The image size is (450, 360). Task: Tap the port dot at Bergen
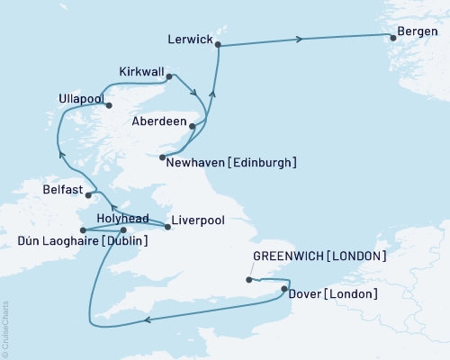[392, 37]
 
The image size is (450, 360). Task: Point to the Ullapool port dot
[110, 105]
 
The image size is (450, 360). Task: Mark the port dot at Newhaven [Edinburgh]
[162, 158]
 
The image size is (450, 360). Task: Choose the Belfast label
[63, 191]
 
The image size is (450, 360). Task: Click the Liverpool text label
[197, 219]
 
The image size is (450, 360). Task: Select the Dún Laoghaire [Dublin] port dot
[83, 230]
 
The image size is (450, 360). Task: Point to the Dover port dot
[284, 289]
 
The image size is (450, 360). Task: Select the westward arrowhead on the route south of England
[147, 319]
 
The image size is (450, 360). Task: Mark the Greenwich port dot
[248, 280]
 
